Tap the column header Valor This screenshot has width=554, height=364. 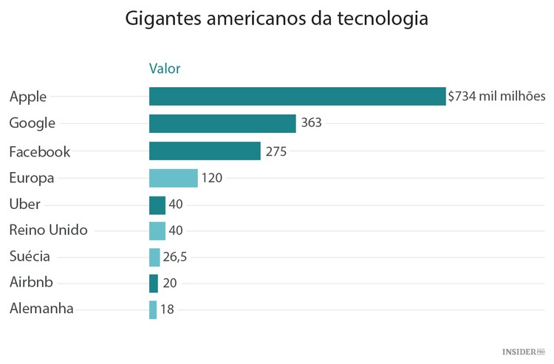pyautogui.click(x=165, y=69)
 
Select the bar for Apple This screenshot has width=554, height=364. pyautogui.click(x=297, y=96)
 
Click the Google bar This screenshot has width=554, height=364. pyautogui.click(x=222, y=123)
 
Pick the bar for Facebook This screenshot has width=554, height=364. pyautogui.click(x=205, y=151)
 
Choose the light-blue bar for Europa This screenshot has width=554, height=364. pyautogui.click(x=173, y=178)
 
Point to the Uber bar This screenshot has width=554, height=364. pyautogui.click(x=157, y=205)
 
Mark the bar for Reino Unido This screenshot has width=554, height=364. pyautogui.click(x=157, y=231)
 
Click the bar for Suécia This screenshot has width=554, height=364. pyautogui.click(x=154, y=257)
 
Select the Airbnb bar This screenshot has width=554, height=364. pyautogui.click(x=153, y=283)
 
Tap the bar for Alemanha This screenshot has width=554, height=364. pyautogui.click(x=153, y=309)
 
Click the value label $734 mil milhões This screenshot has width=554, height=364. pyautogui.click(x=496, y=96)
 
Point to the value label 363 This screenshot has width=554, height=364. pyautogui.click(x=311, y=123)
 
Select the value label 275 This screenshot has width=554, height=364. pyautogui.click(x=276, y=151)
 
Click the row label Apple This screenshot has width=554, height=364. pyautogui.click(x=28, y=97)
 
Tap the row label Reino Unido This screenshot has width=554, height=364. pyautogui.click(x=48, y=230)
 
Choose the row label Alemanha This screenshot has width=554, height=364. pyautogui.click(x=41, y=309)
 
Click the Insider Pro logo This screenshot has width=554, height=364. pyautogui.click(x=523, y=352)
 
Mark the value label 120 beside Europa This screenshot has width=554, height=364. pyautogui.click(x=211, y=178)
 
